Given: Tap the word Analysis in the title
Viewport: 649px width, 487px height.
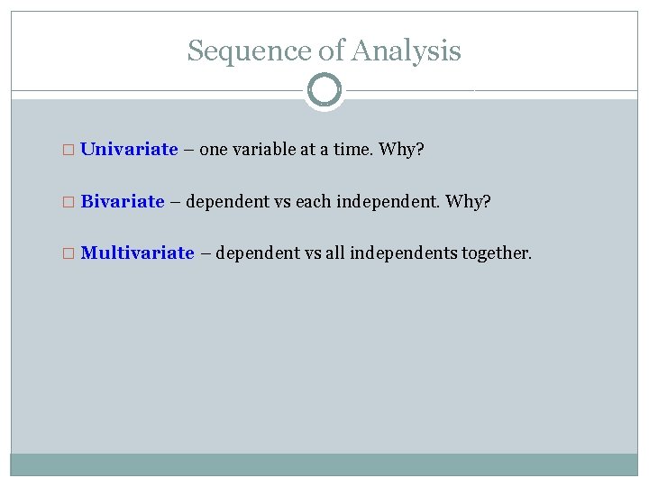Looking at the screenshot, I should click(x=407, y=51).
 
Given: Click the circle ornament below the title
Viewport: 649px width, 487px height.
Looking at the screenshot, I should click(x=324, y=90).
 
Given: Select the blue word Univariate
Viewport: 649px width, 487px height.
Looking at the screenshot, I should click(x=129, y=150).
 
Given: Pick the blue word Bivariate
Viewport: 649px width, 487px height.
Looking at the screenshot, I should click(x=123, y=201).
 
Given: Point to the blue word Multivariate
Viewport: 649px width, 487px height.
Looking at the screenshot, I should click(x=137, y=253).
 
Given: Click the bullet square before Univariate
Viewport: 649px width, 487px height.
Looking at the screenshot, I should click(x=72, y=151).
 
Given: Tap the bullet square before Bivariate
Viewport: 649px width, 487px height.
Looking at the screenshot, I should click(x=72, y=202).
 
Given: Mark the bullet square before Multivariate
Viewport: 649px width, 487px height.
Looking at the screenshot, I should click(x=72, y=253).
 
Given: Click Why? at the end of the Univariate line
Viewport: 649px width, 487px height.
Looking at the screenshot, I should click(x=401, y=150).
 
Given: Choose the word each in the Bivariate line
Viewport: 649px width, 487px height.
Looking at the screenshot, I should click(x=313, y=201).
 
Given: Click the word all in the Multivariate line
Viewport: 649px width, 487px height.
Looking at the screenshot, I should click(x=335, y=253).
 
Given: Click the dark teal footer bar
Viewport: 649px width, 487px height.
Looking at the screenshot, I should click(x=324, y=464).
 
